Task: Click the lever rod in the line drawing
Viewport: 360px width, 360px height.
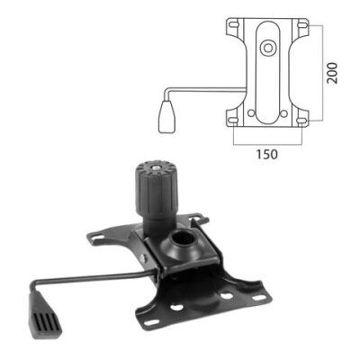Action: point(202,88)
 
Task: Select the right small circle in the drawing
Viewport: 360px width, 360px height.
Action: point(284,112)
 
